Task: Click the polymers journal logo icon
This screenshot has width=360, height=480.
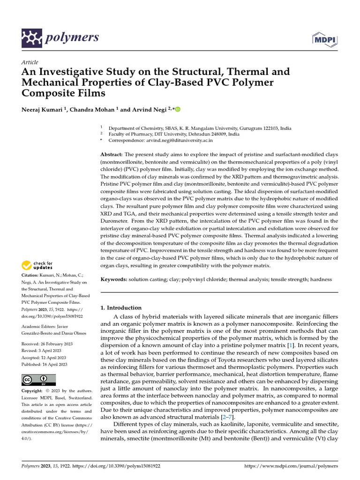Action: [32, 38]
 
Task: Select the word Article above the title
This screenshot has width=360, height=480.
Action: [30, 62]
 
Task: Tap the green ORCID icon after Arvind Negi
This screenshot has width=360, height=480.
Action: [178, 109]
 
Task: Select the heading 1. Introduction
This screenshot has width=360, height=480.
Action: [121, 308]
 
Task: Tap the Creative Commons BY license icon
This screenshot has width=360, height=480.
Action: [38, 380]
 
